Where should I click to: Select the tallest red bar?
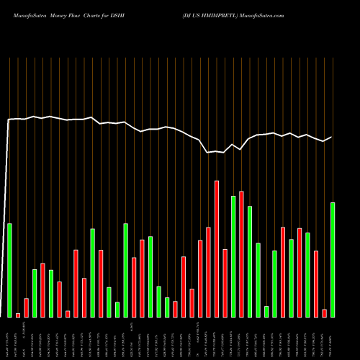coord(217,248)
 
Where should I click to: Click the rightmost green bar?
coord(333,259)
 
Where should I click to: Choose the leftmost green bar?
coord(9,270)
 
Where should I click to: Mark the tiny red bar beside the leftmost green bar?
coord(18,315)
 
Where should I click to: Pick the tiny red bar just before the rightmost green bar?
coord(324,312)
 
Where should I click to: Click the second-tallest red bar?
coord(241,254)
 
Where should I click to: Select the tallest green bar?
coord(233,256)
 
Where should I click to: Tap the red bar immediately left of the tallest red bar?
coord(208,272)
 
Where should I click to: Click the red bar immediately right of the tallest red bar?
coord(225,283)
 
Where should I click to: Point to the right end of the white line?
coord(332,137)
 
